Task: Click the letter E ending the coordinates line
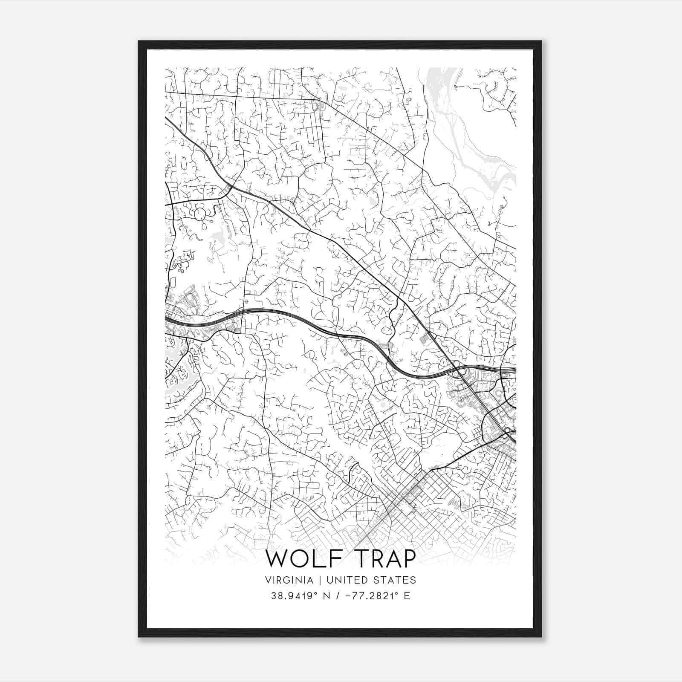(x=407, y=596)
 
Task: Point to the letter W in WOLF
(x=276, y=559)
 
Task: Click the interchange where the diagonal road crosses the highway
(x=457, y=369)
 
